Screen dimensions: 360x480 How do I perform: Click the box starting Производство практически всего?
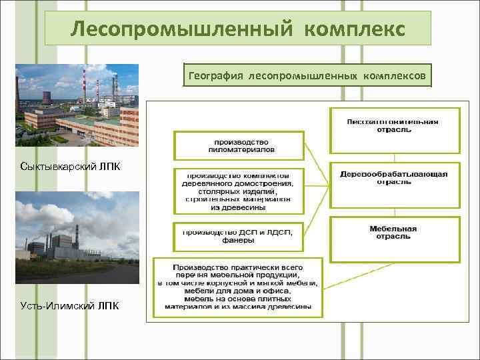238,287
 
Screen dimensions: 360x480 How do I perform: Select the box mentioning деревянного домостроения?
238,189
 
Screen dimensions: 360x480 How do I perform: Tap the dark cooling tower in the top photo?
47,98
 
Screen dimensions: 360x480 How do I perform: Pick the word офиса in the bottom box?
277,291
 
